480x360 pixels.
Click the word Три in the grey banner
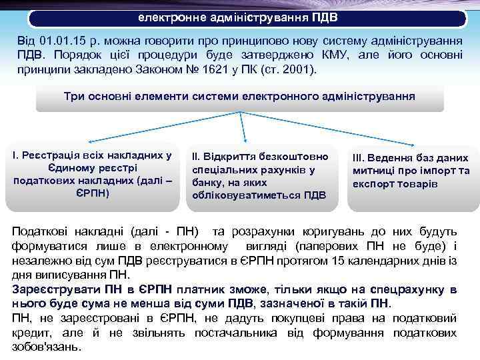73,96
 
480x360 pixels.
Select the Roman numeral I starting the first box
15,155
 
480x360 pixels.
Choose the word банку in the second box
206,182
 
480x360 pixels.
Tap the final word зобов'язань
47,347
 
